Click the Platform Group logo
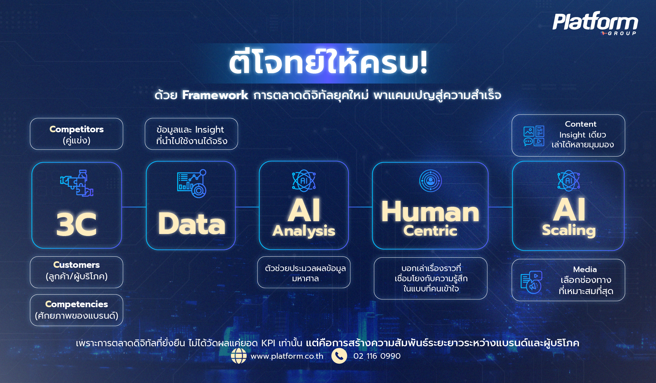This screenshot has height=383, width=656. click(x=595, y=23)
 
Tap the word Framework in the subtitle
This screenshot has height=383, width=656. click(x=215, y=95)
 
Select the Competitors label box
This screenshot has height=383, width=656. click(x=76, y=134)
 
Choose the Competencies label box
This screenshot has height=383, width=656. click(x=76, y=310)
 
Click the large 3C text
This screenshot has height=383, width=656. click(x=76, y=224)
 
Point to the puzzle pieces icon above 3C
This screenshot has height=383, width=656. click(x=77, y=183)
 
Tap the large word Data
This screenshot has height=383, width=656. click(x=192, y=224)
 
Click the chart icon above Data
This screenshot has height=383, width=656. click(x=192, y=183)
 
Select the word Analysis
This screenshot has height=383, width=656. click(x=304, y=231)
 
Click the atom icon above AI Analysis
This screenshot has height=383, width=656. click(x=304, y=181)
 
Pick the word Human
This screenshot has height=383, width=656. click(x=430, y=212)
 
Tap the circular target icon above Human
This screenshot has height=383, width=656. click(x=430, y=181)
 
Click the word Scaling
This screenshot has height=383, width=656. click(x=568, y=230)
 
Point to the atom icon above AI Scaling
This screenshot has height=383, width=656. click(x=568, y=181)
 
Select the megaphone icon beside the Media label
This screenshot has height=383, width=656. click(x=531, y=282)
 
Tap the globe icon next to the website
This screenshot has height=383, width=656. click(x=239, y=356)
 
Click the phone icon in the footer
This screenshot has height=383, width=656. click(x=339, y=356)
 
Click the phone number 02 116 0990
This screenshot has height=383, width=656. click(x=377, y=356)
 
